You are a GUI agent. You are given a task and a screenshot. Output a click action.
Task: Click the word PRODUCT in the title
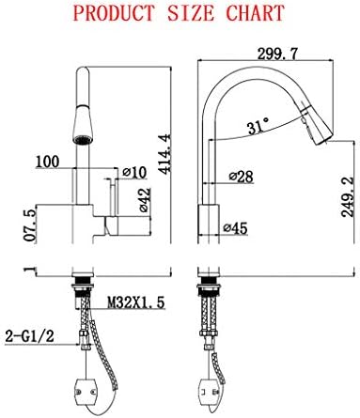point(115,13)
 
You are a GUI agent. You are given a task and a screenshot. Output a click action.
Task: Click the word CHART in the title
point(256,13)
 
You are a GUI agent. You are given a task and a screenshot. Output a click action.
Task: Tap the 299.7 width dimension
point(277,54)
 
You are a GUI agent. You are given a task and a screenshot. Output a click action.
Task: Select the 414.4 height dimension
point(164,153)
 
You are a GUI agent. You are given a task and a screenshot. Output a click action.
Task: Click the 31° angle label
point(258,126)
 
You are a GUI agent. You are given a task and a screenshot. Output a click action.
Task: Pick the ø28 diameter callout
point(241,177)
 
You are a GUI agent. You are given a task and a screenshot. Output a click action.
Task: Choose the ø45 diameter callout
point(235,228)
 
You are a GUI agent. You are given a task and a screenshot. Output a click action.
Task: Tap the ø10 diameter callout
point(134,172)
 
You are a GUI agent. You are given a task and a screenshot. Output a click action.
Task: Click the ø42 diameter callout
point(145,200)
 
